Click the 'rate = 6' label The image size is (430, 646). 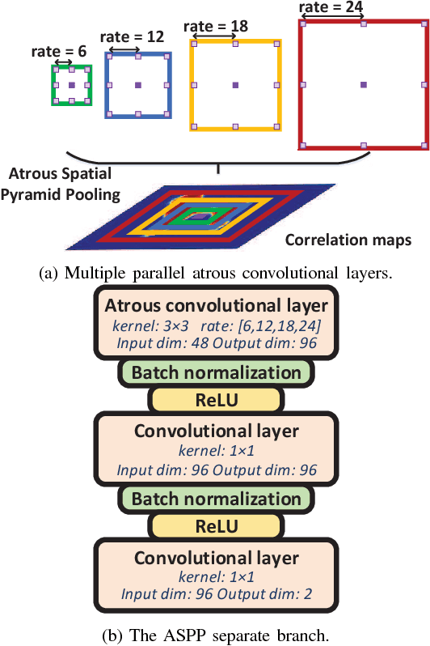pyautogui.click(x=59, y=50)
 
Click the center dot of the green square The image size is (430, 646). pyautogui.click(x=72, y=84)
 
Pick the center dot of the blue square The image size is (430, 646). pyautogui.click(x=137, y=84)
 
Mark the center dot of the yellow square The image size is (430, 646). pyautogui.click(x=235, y=84)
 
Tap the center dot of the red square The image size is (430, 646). pyautogui.click(x=363, y=84)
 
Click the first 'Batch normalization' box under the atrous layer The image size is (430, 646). pyautogui.click(x=216, y=372)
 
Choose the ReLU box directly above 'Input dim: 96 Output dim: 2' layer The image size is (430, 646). pyautogui.click(x=216, y=525)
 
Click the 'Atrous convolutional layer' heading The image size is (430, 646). pyautogui.click(x=215, y=305)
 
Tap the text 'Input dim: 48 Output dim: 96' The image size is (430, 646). pyautogui.click(x=216, y=342)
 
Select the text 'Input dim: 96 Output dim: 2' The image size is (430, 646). pyautogui.click(x=216, y=594)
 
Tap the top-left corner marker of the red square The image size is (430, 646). pyautogui.click(x=301, y=24)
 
